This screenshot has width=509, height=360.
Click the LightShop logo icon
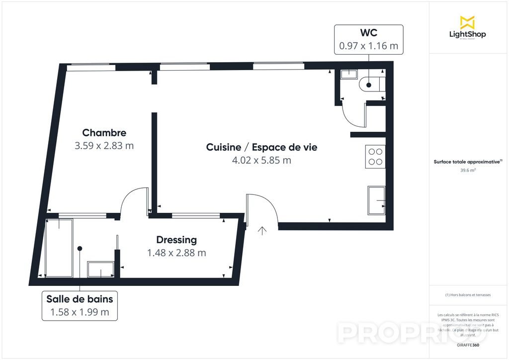pyautogui.click(x=467, y=22)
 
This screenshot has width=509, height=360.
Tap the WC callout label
pyautogui.click(x=368, y=39)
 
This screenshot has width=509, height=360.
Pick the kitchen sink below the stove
pyautogui.click(x=376, y=200)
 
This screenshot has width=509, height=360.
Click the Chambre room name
pyautogui.click(x=104, y=133)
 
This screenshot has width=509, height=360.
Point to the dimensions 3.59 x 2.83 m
pyautogui.click(x=104, y=146)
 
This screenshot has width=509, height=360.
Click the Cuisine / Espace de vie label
pyautogui.click(x=261, y=147)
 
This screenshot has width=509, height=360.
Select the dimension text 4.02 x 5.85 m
pyautogui.click(x=261, y=160)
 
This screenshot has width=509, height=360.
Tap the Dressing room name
pyautogui.click(x=176, y=240)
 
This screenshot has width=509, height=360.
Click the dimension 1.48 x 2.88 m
pyautogui.click(x=176, y=253)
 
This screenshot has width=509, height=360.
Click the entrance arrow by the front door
pyautogui.click(x=262, y=230)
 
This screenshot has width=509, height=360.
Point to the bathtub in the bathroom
pyautogui.click(x=59, y=247)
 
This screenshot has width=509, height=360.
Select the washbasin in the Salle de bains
pyautogui.click(x=101, y=270)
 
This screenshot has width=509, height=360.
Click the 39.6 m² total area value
pyautogui.click(x=468, y=170)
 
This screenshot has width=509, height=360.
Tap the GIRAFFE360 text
pyautogui.click(x=469, y=345)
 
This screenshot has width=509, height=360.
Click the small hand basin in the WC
pyautogui.click(x=349, y=74)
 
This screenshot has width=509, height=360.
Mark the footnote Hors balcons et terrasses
pyautogui.click(x=468, y=295)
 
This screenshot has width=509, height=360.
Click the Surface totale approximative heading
pyautogui.click(x=468, y=162)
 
